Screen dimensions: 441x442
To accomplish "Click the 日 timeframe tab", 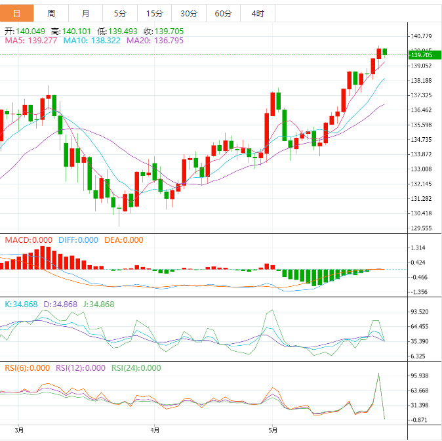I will [x=17, y=13].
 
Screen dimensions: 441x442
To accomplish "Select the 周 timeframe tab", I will [x=51, y=13].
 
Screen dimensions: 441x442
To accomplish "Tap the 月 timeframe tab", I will [x=86, y=13].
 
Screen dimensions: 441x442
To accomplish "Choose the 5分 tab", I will [x=120, y=13].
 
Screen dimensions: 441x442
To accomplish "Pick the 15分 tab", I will [x=154, y=13].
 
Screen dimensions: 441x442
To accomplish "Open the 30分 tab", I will [x=188, y=13].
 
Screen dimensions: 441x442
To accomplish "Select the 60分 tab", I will [x=223, y=13].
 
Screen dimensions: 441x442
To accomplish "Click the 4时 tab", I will [x=257, y=13].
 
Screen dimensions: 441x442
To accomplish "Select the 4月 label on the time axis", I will [x=155, y=430].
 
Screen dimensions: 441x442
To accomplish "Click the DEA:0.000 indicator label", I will [x=124, y=240].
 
